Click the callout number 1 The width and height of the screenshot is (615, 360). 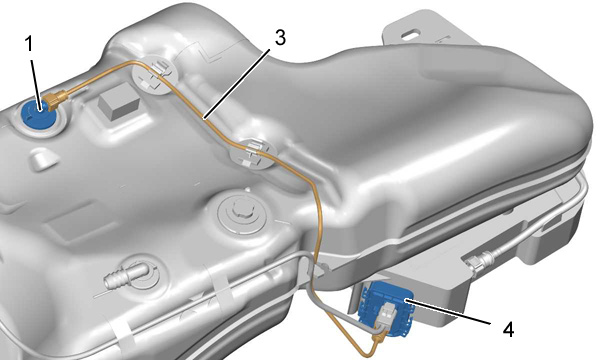pos(29,44)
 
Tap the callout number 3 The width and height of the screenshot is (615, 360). pos(280,37)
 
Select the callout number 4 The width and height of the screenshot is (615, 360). pos(508,329)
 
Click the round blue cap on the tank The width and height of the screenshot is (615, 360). pos(38,114)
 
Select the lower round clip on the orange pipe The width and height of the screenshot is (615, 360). pos(252,153)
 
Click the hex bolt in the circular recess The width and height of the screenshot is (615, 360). pos(241,211)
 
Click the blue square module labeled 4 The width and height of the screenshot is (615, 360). pos(387,307)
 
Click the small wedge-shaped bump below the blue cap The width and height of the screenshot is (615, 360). pos(44,160)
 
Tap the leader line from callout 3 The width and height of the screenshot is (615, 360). pos(237,83)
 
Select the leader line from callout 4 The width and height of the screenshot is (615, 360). pos(448,312)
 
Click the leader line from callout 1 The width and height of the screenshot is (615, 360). pos(35,82)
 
